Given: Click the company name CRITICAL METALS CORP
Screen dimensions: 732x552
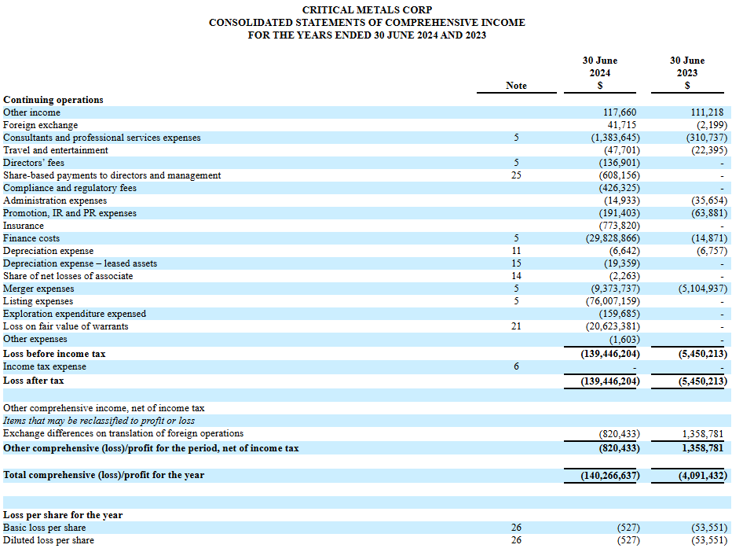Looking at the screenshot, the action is tap(367, 9).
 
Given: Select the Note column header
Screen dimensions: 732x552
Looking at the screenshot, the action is tap(516, 86).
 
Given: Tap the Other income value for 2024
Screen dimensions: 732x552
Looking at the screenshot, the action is tap(620, 112).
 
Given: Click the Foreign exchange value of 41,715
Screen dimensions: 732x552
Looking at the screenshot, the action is tap(622, 125).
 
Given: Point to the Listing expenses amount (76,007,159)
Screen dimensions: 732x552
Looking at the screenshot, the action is tap(613, 301).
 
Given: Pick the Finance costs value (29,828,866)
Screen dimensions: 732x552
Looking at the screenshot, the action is tap(613, 238).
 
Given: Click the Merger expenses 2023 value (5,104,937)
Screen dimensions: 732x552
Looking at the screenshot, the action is tap(703, 289).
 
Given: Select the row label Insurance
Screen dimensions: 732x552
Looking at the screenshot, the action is tap(24, 226).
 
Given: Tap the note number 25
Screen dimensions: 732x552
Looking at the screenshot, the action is tap(516, 175).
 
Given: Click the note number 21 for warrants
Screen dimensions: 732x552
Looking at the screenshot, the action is tap(516, 326).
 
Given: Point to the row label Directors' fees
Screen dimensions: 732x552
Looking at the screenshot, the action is tap(34, 163).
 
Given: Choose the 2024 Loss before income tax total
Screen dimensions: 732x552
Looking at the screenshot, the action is tap(610, 354).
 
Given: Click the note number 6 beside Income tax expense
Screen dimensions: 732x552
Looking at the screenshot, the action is tap(516, 366).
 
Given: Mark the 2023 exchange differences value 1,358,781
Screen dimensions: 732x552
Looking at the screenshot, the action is tap(703, 434).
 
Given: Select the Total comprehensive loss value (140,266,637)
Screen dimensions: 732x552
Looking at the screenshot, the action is tap(610, 476).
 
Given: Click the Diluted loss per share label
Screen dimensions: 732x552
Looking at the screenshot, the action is tap(49, 540).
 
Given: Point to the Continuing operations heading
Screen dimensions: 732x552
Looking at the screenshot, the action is tap(53, 100).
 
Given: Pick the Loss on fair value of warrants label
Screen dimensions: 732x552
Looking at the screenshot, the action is tap(66, 326).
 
